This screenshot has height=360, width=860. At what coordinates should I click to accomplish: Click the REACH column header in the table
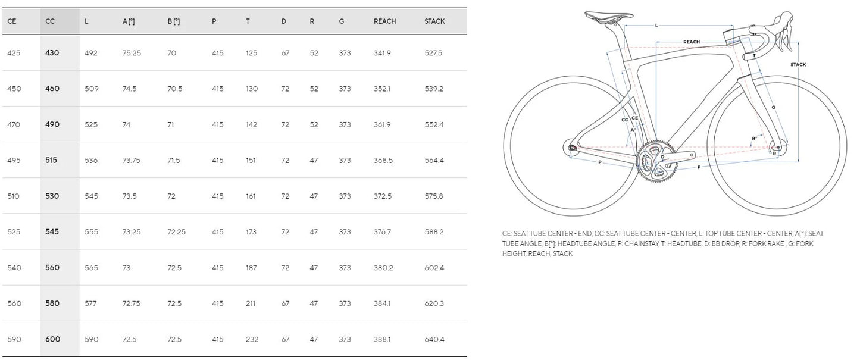384,21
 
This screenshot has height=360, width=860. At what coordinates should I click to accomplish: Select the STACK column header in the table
434,21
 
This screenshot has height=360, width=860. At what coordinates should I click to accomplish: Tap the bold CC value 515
52,160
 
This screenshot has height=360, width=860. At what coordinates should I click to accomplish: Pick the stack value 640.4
434,339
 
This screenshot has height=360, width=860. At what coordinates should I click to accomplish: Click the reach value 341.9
382,53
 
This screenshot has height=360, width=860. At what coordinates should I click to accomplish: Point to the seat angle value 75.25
132,53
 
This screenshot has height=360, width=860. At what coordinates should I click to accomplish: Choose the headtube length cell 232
252,339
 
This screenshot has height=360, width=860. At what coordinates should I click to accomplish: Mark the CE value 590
14,339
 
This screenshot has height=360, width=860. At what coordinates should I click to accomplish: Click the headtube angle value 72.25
176,231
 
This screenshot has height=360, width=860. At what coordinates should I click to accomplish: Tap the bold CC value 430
52,53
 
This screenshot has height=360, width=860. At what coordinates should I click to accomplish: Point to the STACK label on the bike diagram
798,64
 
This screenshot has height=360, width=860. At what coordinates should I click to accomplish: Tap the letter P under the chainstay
599,162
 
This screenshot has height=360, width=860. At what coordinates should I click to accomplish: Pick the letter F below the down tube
698,168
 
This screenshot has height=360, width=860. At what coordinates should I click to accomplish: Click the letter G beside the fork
773,107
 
